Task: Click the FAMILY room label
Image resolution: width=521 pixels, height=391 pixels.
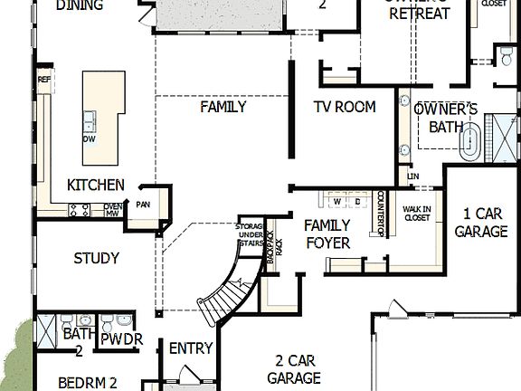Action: pyautogui.click(x=223, y=107)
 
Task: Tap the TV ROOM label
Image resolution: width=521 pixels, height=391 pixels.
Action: pyautogui.click(x=344, y=107)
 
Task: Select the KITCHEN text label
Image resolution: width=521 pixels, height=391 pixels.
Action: pyautogui.click(x=96, y=185)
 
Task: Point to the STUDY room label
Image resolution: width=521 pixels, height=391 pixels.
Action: pyautogui.click(x=96, y=258)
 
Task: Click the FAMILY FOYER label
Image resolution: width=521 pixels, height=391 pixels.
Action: pyautogui.click(x=327, y=234)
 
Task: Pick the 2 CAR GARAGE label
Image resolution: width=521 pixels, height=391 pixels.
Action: pyautogui.click(x=293, y=369)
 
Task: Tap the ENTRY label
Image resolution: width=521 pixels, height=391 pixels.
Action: pyautogui.click(x=191, y=348)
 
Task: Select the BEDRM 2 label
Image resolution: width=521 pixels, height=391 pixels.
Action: pyautogui.click(x=88, y=382)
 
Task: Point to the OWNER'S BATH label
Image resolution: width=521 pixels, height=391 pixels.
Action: pyautogui.click(x=445, y=117)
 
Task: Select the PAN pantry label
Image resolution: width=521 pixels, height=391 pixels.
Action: pyautogui.click(x=142, y=205)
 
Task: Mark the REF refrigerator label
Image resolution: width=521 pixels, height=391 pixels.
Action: pyautogui.click(x=43, y=81)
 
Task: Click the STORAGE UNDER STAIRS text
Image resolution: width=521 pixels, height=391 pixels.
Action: pyautogui.click(x=250, y=234)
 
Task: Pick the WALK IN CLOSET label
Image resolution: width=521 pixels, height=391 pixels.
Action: pyautogui.click(x=416, y=213)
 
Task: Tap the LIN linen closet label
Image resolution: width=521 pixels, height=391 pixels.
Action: pyautogui.click(x=412, y=176)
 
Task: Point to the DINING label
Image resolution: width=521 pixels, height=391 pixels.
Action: pyautogui.click(x=79, y=5)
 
